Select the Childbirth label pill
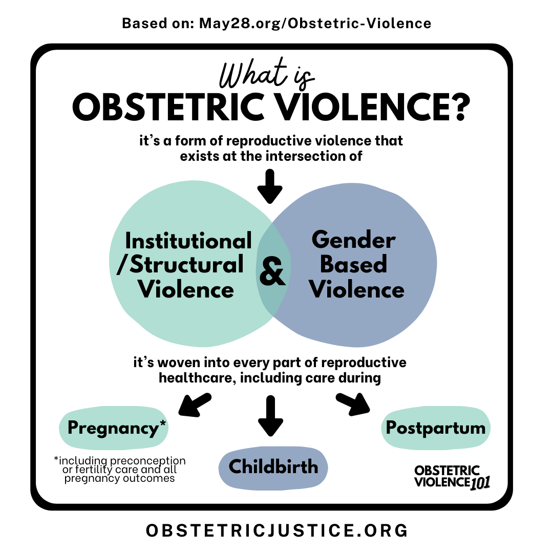tap(273, 466)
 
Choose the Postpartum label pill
tap(435, 428)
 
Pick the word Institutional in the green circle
tap(188, 241)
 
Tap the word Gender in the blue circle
tap(353, 240)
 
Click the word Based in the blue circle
tap(353, 265)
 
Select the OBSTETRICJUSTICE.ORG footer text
tap(276, 530)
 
